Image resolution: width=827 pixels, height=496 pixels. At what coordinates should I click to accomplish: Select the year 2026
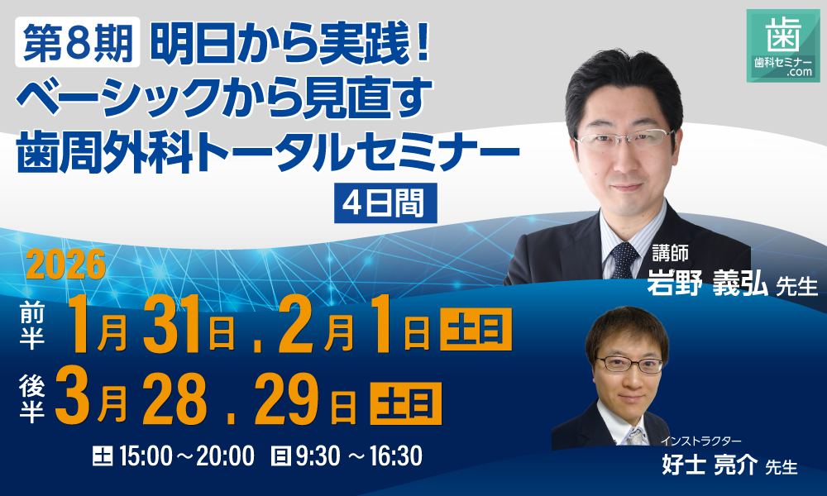[x=67, y=265]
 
